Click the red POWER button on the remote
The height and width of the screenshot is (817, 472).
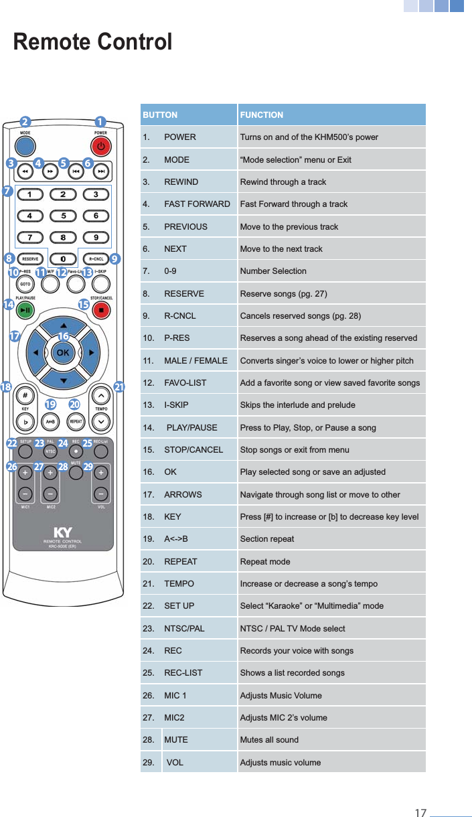[100, 146]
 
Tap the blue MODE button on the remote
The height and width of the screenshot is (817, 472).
[25, 146]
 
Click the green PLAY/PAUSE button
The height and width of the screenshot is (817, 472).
[25, 310]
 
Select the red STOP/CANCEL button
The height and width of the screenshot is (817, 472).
[101, 310]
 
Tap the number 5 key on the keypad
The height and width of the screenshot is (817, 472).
[63, 216]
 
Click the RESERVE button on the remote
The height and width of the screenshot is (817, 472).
[29, 258]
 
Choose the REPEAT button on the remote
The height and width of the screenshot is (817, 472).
[76, 422]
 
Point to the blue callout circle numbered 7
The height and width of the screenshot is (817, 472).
[7, 191]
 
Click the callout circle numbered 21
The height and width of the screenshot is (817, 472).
[120, 387]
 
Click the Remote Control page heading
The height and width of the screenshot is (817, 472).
[93, 42]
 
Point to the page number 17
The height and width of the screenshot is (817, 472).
[420, 813]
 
